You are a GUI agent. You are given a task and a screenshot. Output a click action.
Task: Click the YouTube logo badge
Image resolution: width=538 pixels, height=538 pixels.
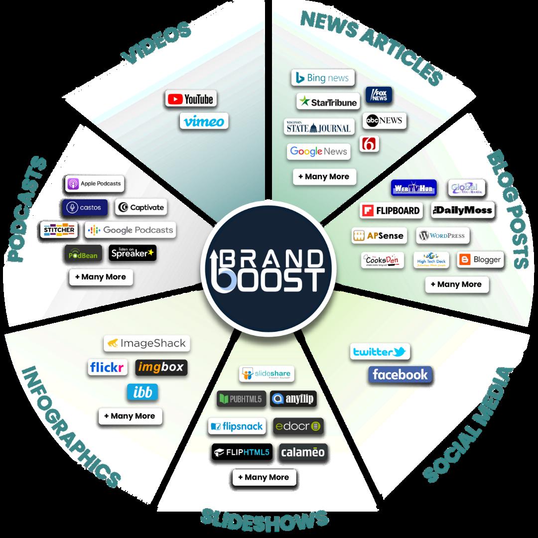tap(190, 99)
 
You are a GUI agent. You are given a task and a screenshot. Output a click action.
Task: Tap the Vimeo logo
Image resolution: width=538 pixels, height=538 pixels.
tap(204, 121)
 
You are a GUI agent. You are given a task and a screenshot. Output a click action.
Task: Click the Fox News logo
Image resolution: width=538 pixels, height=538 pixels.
tap(379, 95)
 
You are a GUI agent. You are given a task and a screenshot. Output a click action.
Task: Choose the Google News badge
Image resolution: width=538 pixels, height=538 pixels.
tap(318, 151)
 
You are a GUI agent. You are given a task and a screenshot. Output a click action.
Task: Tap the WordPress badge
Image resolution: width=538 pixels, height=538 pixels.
tap(442, 235)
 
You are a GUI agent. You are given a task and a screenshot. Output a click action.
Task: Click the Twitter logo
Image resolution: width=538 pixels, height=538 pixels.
tap(380, 352)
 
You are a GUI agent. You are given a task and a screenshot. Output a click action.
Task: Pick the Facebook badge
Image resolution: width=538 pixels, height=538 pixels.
tap(400, 375)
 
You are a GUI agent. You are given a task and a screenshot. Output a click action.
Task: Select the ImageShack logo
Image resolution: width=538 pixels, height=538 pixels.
tap(147, 343)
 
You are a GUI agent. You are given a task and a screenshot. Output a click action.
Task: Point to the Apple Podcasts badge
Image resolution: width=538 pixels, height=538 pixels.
tap(95, 183)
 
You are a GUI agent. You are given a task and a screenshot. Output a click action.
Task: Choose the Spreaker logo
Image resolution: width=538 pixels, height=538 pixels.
tap(133, 253)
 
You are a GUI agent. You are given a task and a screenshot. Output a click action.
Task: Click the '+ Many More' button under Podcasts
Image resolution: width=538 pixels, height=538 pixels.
tap(101, 277)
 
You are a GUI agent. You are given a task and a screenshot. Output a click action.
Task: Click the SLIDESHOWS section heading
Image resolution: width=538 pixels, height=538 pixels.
tap(265, 518)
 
